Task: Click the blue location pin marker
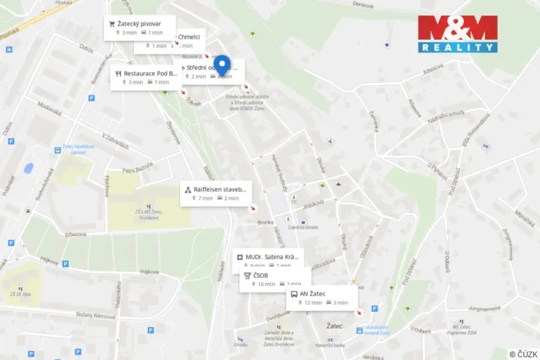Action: point(222,65)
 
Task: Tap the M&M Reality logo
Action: point(458,34)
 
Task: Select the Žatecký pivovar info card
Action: point(141,28)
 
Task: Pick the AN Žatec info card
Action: point(322,298)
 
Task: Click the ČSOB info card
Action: point(275,279)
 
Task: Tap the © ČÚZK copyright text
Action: point(523,354)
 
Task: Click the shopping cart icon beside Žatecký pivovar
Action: point(112,23)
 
